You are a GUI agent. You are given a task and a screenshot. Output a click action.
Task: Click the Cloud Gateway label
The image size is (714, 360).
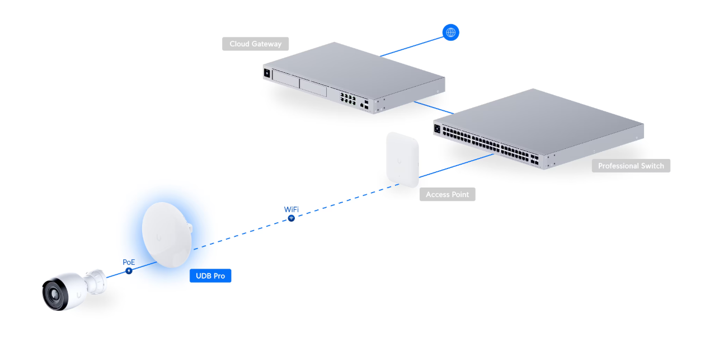(x=255, y=44)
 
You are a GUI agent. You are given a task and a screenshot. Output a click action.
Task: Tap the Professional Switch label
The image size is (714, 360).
(x=631, y=166)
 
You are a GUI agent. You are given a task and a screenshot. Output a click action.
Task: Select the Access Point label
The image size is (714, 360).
(x=447, y=194)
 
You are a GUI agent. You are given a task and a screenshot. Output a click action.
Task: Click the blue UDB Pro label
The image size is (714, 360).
(x=210, y=275)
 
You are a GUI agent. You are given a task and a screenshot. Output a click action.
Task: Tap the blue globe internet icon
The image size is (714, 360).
(x=450, y=32)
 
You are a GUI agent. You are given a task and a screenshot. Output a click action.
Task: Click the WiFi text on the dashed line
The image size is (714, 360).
(x=291, y=209)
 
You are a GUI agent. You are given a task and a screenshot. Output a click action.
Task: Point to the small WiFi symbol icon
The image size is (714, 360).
(x=291, y=218)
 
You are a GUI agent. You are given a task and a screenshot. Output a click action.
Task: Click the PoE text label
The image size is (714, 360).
(x=129, y=262)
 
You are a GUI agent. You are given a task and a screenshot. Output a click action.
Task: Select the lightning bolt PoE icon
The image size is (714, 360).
(x=129, y=271)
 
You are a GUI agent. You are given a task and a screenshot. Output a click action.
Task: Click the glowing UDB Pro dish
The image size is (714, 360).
(x=166, y=235)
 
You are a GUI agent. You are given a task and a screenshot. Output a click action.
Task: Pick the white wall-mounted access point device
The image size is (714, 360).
(x=402, y=159)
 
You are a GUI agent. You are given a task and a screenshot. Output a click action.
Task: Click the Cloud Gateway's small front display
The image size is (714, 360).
(x=267, y=73)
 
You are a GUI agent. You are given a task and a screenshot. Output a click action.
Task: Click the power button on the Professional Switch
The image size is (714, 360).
(x=437, y=128)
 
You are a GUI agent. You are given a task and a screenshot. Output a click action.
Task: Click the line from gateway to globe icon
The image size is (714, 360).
(x=411, y=46)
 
